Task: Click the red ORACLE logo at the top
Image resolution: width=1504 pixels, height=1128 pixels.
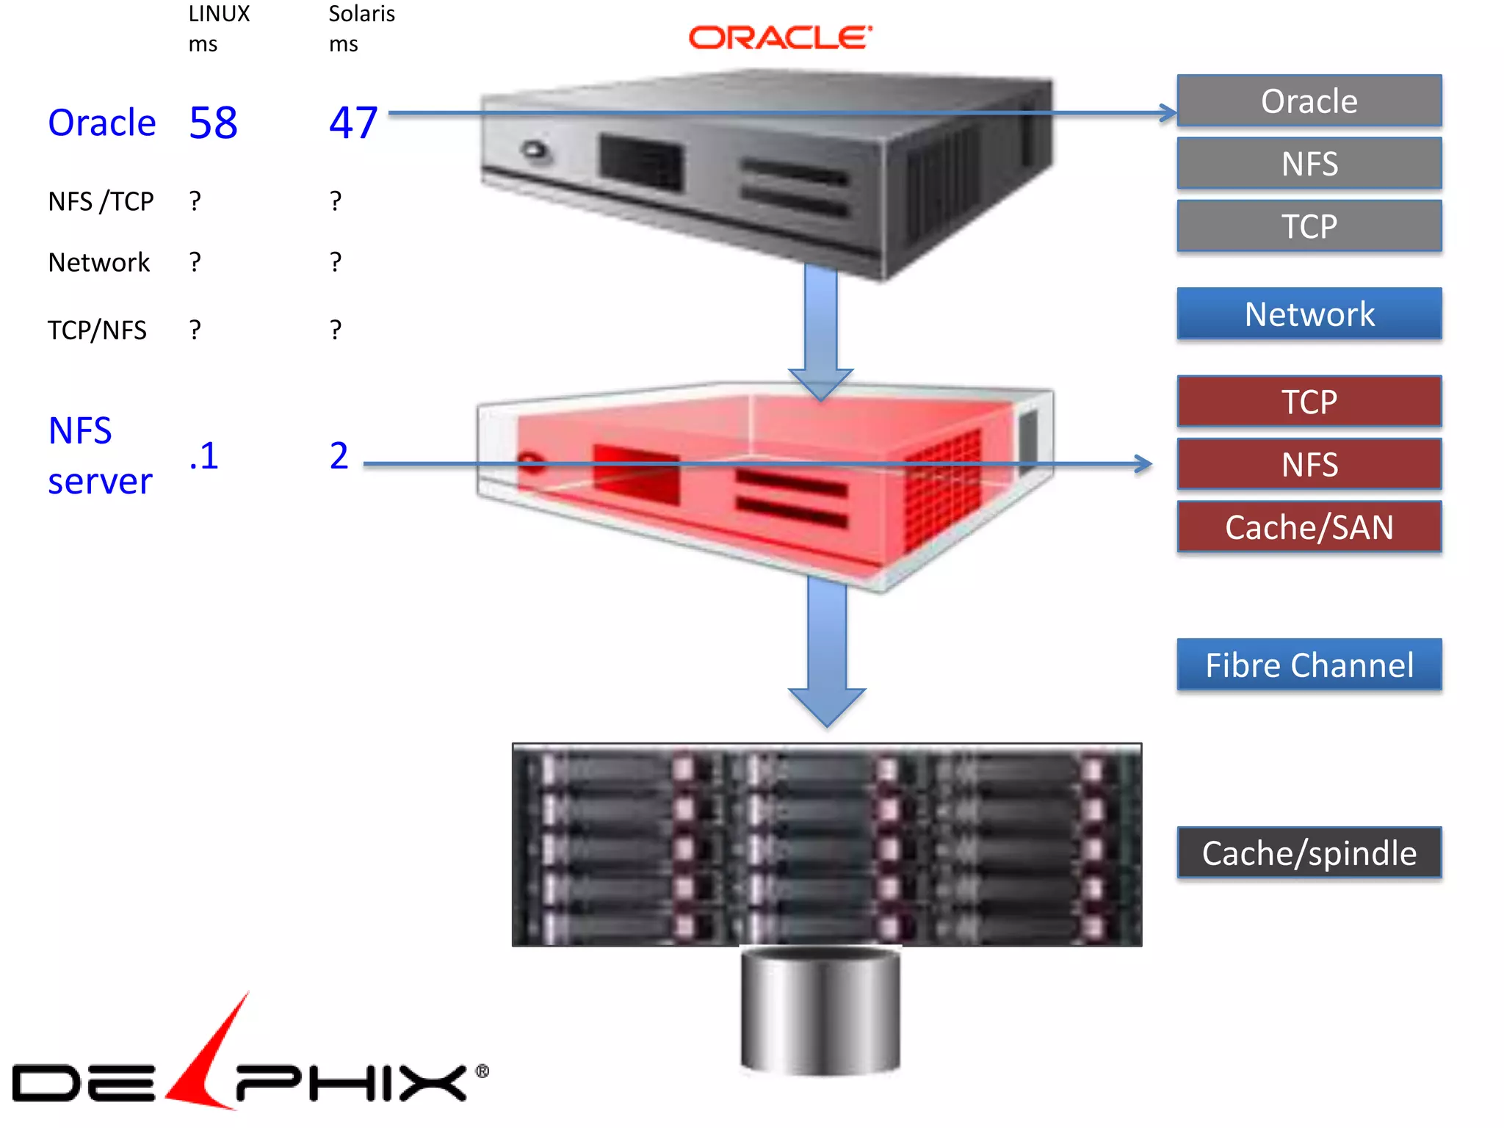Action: click(780, 38)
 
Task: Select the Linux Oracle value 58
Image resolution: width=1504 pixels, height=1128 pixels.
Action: click(213, 123)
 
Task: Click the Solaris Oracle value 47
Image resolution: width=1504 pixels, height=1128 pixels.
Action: click(353, 123)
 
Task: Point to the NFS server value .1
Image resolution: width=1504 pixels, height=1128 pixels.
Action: click(203, 456)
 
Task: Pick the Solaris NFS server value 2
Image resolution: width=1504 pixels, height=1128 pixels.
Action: click(339, 456)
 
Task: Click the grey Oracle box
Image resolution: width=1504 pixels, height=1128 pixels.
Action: click(1309, 101)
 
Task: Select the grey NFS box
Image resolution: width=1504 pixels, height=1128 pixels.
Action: click(1309, 164)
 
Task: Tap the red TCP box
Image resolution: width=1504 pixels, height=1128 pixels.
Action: click(1309, 402)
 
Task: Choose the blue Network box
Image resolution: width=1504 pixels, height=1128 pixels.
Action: click(1309, 314)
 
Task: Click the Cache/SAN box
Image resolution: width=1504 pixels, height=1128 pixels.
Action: click(1309, 527)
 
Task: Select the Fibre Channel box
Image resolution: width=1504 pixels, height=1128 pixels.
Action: click(1309, 665)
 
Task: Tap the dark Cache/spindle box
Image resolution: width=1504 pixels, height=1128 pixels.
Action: click(1309, 853)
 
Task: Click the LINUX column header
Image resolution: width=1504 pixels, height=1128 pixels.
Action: click(219, 15)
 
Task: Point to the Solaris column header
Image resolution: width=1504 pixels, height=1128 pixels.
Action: click(361, 15)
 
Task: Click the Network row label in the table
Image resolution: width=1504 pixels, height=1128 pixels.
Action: click(98, 262)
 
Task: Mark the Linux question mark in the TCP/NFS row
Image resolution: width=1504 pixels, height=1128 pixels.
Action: click(195, 330)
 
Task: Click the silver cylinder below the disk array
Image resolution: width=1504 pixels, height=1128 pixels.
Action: click(820, 1010)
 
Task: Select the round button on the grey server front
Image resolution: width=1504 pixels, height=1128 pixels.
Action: click(535, 151)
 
